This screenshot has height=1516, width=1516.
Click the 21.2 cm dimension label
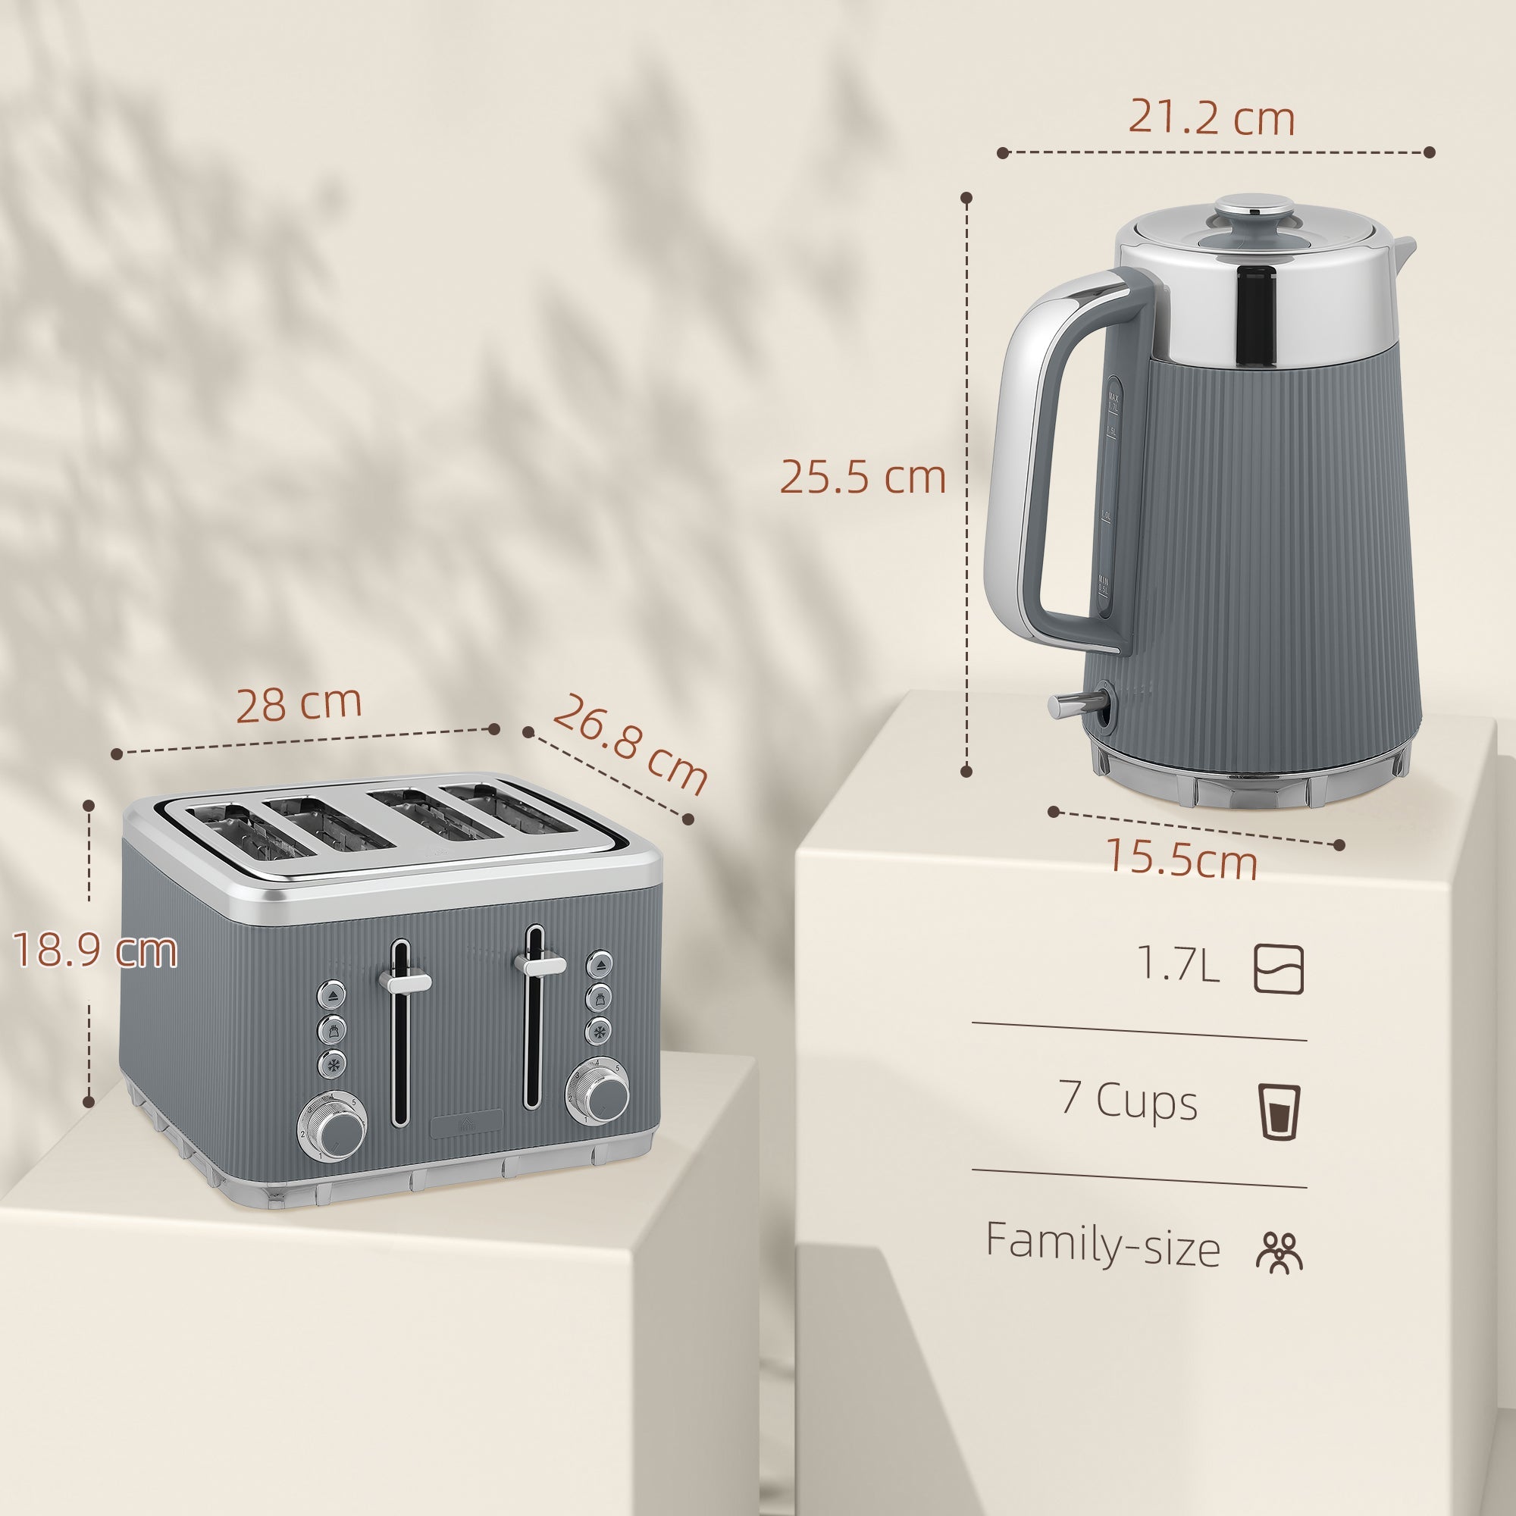pyautogui.click(x=1211, y=118)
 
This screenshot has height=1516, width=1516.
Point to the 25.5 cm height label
pyautogui.click(x=863, y=476)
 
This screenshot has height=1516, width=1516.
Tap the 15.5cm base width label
pyautogui.click(x=1182, y=860)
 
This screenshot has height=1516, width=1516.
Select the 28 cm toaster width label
pyautogui.click(x=298, y=704)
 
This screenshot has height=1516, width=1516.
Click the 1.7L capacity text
pyautogui.click(x=1178, y=964)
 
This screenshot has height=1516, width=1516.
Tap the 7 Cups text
pyautogui.click(x=1128, y=1101)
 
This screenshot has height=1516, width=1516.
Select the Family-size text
pyautogui.click(x=1102, y=1245)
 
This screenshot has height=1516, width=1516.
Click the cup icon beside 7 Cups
pyautogui.click(x=1279, y=1111)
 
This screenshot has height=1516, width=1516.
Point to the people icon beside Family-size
pyautogui.click(x=1279, y=1251)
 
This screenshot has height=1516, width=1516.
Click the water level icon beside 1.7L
pyautogui.click(x=1279, y=970)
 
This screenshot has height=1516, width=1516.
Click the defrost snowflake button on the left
pyautogui.click(x=332, y=1065)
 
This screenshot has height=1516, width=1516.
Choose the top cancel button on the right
pyautogui.click(x=601, y=963)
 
